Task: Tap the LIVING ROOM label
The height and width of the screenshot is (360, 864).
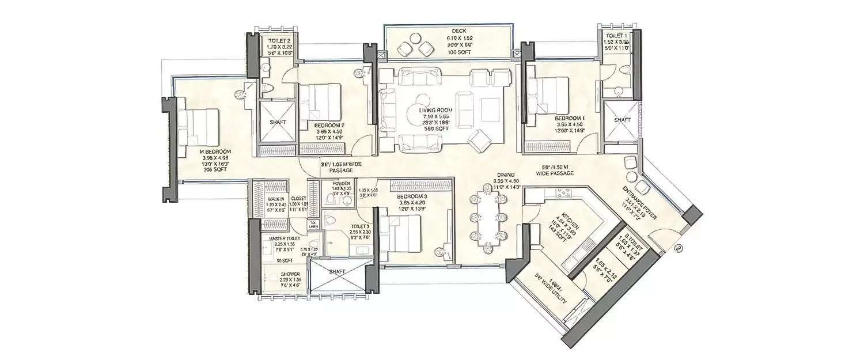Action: (437, 109)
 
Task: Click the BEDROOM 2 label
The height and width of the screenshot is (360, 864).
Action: (329, 124)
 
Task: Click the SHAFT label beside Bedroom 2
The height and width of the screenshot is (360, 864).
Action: (275, 122)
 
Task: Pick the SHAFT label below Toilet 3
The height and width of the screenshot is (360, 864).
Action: (336, 271)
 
